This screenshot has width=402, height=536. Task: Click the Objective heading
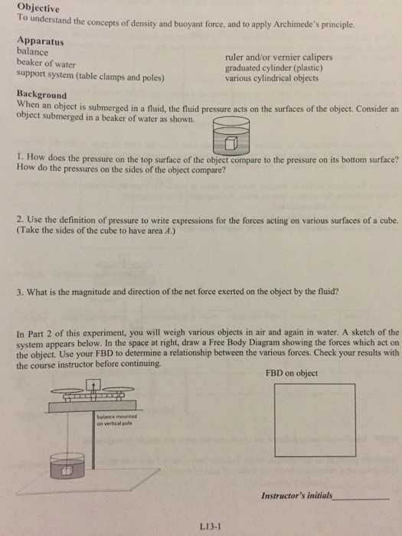38,7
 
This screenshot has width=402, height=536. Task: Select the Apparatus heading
41,41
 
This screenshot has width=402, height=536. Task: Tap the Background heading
41,94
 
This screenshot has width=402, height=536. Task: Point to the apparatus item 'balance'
32,52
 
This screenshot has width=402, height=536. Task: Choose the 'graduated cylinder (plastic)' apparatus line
274,68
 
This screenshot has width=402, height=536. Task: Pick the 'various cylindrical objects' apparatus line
272,78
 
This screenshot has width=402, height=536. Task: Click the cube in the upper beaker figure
231,143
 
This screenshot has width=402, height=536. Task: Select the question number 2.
20,219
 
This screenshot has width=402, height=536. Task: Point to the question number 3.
20,292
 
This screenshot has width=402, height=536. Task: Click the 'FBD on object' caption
292,373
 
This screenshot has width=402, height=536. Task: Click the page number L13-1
211,527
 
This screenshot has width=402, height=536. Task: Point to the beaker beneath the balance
67,466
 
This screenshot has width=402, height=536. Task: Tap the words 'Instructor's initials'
297,495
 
